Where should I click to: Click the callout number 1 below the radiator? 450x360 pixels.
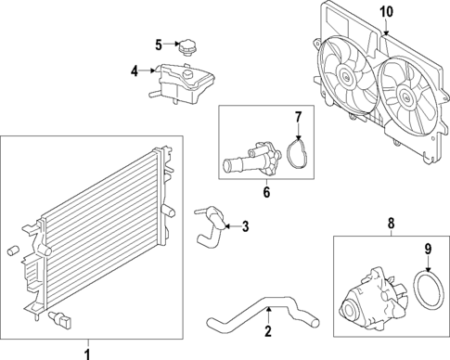coord(88,352)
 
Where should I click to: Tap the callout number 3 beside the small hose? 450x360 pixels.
coord(245,225)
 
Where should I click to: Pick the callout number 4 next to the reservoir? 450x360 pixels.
coord(135,70)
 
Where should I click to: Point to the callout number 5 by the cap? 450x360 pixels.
coord(159,44)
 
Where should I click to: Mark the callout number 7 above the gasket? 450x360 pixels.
coord(298,117)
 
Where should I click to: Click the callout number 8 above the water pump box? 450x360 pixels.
coord(392,223)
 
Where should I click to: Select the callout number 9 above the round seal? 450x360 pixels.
coord(430,248)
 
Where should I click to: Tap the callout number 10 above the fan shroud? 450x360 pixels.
coord(386,12)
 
